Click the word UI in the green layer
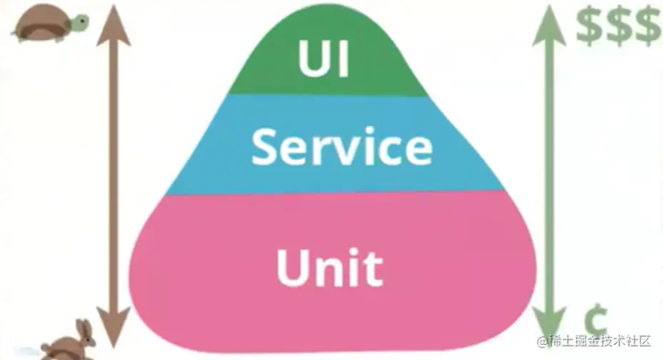pos(323,58)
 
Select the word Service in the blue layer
pos(342,147)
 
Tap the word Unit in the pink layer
pos(330,267)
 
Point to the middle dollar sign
pos(619,25)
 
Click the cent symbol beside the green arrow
pos(596,320)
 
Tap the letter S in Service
pos(266,147)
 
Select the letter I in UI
pos(344,58)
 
